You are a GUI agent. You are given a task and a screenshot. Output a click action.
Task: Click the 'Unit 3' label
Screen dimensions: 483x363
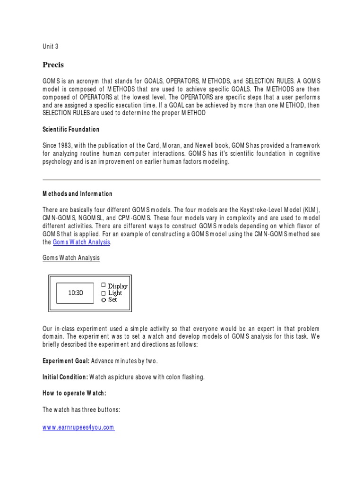[51, 46]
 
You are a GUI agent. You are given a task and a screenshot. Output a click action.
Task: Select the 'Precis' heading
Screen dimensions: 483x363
[53, 65]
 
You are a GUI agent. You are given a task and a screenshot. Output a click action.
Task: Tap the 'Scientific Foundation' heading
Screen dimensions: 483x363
[71, 129]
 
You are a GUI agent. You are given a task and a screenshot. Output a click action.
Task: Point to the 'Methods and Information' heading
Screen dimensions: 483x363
[78, 194]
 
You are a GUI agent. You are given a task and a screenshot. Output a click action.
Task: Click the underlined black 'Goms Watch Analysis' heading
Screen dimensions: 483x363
[71, 258]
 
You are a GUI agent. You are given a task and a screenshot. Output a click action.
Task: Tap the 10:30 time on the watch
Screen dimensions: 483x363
[76, 292]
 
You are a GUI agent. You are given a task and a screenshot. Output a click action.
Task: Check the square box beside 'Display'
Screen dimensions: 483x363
[104, 285]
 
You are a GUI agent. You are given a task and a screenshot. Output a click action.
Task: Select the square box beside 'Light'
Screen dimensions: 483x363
[104, 293]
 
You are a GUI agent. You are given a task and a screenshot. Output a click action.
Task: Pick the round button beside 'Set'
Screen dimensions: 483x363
[104, 300]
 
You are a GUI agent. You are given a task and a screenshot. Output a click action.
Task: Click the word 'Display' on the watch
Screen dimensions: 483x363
[118, 286]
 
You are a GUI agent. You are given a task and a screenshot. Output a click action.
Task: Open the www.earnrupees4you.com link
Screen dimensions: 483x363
[78, 427]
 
